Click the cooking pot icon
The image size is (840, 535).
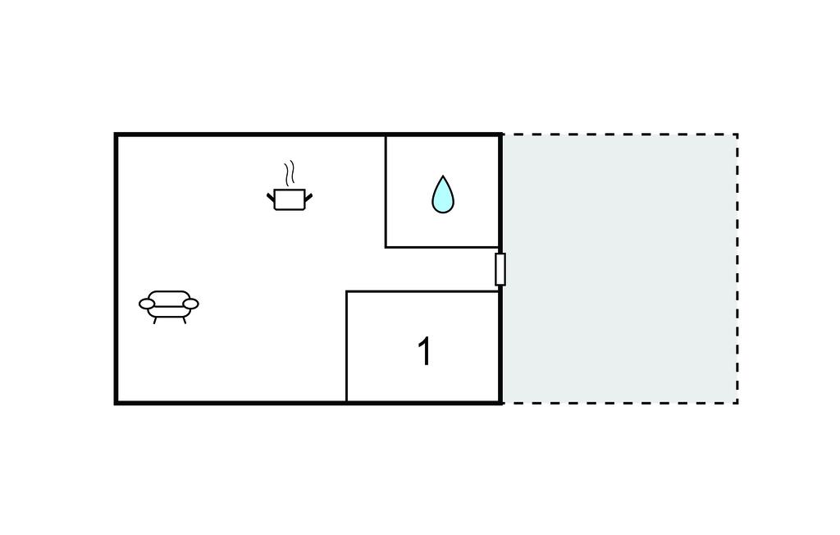coord(290,199)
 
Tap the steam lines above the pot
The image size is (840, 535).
coord(289,174)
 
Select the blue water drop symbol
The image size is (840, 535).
coord(442,195)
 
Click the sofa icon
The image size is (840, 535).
coord(169,304)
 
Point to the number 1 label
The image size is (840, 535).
coord(424,352)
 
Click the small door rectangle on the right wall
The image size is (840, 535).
coord(500,269)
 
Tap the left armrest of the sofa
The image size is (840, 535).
coord(147,304)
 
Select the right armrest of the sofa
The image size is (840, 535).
coord(190,304)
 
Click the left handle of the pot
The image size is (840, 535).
coord(271,197)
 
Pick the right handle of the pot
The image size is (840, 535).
coord(308,195)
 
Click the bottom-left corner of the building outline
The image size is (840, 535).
coord(116,402)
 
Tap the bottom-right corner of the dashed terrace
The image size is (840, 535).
coord(737,402)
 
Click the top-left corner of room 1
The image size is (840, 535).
coord(347,291)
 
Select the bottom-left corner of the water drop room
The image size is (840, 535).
coord(386,246)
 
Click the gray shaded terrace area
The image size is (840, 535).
coord(619,269)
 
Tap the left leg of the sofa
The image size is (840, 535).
coord(155,319)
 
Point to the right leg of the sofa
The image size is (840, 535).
coord(184,319)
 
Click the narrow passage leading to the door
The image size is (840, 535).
coord(443,269)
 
